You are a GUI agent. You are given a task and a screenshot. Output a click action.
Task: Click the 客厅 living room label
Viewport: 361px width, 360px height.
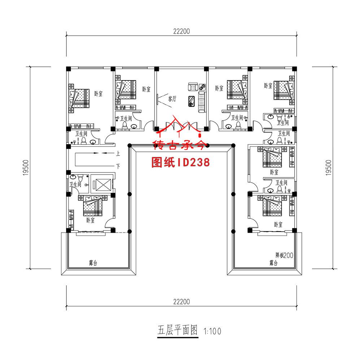[x=172, y=99]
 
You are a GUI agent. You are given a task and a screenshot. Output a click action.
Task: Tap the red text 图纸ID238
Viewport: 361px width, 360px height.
[x=181, y=163]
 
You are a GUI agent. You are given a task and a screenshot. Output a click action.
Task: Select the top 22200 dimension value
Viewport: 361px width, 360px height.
[x=181, y=31]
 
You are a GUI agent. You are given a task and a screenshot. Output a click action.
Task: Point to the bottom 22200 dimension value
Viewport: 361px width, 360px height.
[x=181, y=302]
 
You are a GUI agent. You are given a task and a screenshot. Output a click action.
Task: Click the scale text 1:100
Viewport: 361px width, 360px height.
[x=212, y=330]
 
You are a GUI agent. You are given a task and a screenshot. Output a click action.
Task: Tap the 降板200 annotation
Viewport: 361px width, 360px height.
[x=284, y=255]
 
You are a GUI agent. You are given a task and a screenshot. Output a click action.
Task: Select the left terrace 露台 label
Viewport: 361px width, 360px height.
[x=93, y=263]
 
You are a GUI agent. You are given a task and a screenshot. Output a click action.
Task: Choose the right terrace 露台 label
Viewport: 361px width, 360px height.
[x=273, y=263]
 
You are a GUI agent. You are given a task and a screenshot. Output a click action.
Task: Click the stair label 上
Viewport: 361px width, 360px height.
[x=118, y=154]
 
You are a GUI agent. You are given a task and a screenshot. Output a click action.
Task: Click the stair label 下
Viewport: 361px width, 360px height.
[x=118, y=166]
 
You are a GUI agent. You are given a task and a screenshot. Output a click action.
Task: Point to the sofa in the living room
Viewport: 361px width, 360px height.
[x=201, y=101]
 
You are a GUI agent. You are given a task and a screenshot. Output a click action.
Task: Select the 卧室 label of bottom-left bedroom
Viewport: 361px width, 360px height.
[x=90, y=220]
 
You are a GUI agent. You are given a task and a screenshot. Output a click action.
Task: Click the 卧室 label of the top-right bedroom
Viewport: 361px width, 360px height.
[x=268, y=86]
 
